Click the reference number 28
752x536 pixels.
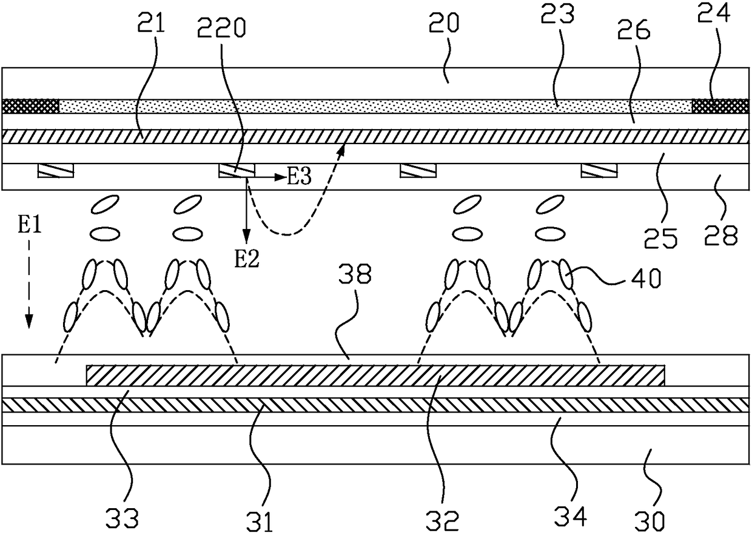pyautogui.click(x=720, y=235)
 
